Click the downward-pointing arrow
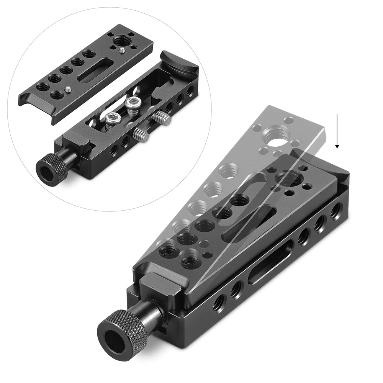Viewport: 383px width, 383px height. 337,130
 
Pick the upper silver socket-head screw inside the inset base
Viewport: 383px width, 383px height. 132,105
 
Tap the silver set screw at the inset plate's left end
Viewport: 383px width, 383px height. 68,89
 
